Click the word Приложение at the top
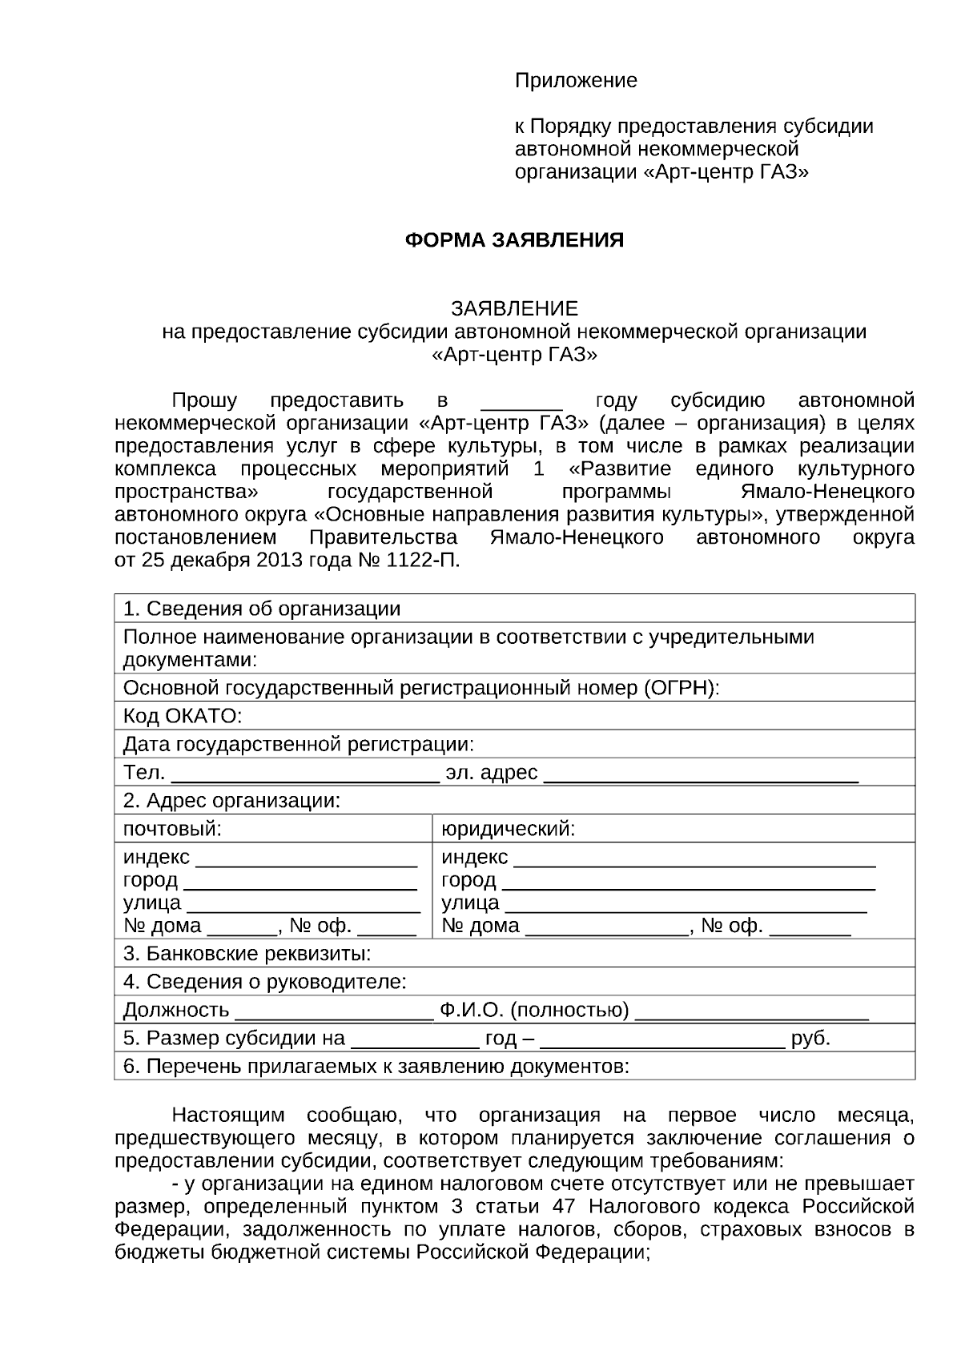[576, 81]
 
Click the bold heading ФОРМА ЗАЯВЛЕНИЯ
[514, 240]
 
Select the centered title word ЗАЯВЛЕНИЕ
[514, 308]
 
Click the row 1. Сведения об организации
[262, 609]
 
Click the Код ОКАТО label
[182, 715]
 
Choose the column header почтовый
[172, 829]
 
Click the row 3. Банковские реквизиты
[247, 954]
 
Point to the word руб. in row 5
[810, 1039]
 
